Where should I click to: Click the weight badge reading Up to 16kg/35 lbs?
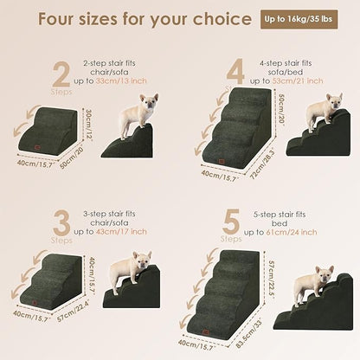[x=302, y=19]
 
